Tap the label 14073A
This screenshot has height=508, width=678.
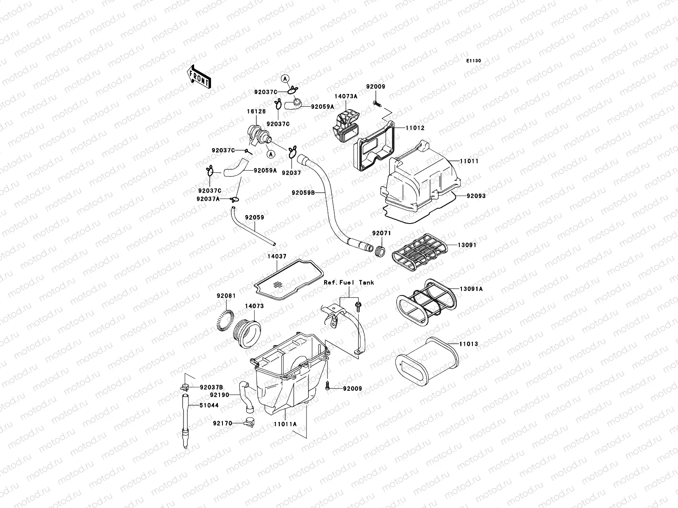coord(346,96)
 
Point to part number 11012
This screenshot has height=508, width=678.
coord(415,128)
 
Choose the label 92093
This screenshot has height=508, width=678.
coord(476,196)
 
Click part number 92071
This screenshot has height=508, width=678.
coord(381,233)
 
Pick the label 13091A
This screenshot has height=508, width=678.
coord(471,289)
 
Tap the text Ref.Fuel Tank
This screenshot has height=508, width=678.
coord(349,282)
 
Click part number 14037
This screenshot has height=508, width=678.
coord(277,256)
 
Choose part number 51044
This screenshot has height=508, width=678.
coord(209,405)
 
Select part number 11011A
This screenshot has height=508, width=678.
coord(285,423)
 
